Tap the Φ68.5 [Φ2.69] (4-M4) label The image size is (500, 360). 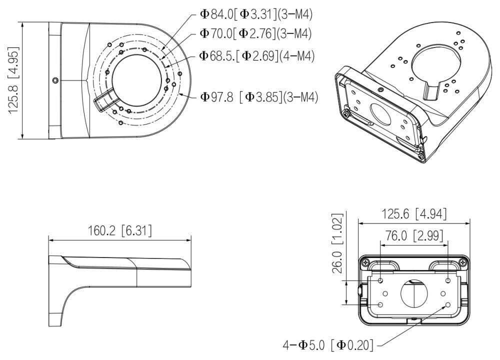point(256,55)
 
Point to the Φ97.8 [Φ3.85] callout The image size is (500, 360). point(259,96)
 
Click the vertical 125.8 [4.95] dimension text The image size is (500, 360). point(13,80)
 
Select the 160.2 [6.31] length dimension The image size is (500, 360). point(120,230)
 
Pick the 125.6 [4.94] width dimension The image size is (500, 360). point(414,214)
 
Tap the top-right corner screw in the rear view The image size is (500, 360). point(463,262)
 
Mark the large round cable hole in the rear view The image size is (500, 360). point(414,292)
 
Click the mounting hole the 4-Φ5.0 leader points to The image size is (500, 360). point(447,304)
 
